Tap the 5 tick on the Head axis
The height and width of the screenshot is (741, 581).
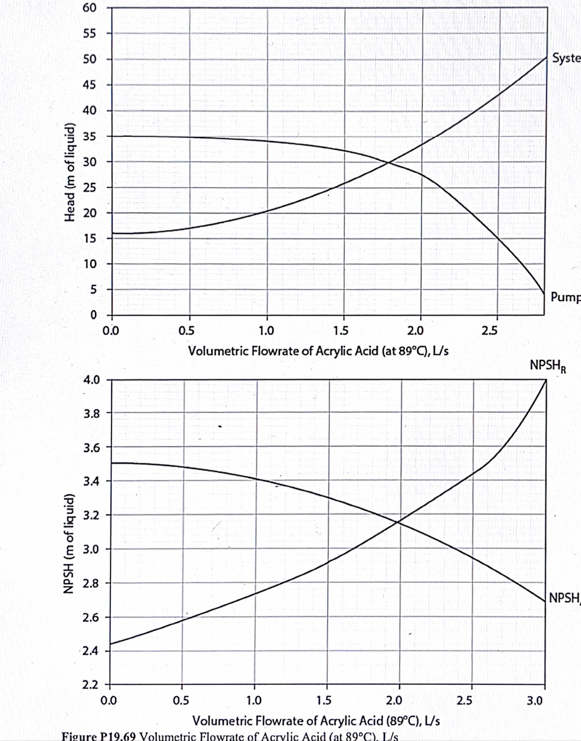[93, 289]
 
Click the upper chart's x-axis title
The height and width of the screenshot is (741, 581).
[318, 351]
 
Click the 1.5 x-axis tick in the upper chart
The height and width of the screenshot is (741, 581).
[341, 330]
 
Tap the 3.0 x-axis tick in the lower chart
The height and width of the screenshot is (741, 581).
[534, 701]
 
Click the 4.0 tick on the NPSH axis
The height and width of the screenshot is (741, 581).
[93, 379]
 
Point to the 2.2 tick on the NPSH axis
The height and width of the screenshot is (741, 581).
[93, 686]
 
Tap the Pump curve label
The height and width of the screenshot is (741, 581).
[565, 297]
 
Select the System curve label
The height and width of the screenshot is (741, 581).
[566, 58]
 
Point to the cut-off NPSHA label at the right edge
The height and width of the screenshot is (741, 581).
[564, 598]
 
